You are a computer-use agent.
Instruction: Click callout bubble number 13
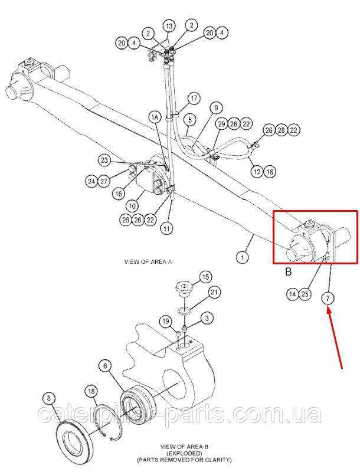169,26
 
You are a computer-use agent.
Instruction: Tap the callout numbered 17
194,99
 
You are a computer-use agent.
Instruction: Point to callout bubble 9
216,108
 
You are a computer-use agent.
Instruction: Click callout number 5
189,120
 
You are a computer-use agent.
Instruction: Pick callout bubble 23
104,160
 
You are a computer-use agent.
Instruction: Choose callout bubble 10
132,206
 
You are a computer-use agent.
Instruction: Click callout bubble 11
166,228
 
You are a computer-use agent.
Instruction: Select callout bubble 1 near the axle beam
243,257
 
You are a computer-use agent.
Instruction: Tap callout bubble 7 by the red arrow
328,299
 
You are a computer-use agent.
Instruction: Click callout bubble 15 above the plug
205,277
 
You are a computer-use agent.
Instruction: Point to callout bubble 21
214,292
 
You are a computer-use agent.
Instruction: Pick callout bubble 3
207,319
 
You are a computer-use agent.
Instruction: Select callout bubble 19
166,322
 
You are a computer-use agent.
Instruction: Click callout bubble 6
105,366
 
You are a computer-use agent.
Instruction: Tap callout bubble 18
91,391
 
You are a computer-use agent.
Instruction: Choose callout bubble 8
50,399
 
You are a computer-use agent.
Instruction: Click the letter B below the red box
289,272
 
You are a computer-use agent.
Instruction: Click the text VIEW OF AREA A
149,262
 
